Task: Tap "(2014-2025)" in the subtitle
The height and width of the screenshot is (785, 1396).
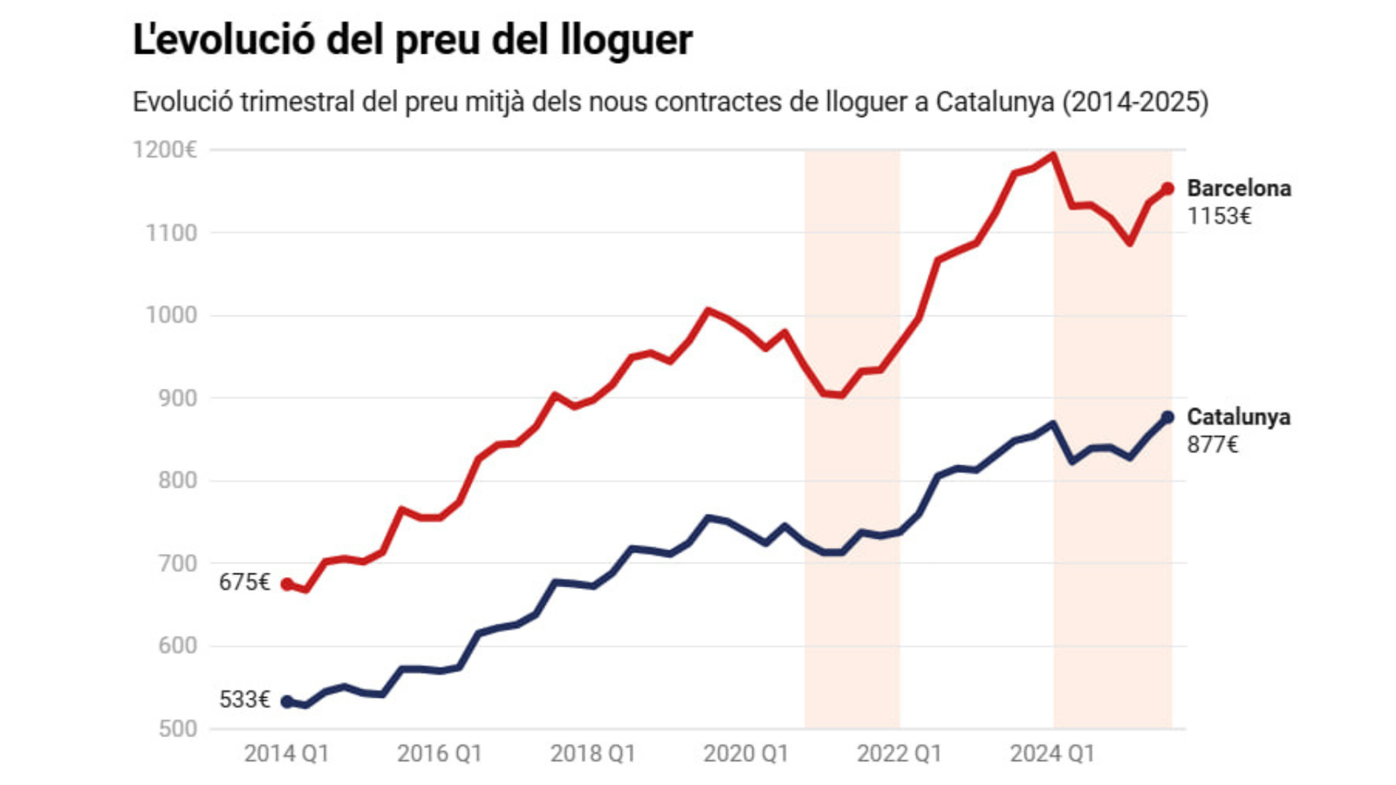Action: point(1135,102)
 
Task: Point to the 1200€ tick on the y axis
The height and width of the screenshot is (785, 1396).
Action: point(165,150)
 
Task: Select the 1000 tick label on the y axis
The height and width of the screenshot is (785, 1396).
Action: point(171,315)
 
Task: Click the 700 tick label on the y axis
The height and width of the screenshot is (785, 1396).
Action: point(178,563)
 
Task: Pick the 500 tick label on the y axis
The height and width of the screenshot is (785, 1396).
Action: point(178,728)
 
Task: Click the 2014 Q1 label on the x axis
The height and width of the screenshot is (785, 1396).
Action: point(286,754)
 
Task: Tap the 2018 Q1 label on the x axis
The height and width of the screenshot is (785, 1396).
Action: point(592,754)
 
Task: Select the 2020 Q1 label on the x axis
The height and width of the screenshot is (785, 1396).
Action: point(746,754)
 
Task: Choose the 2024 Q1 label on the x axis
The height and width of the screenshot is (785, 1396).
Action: point(1052,754)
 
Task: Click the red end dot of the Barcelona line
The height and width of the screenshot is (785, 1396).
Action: point(1167,188)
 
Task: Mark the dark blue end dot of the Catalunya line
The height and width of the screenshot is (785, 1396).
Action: point(1167,417)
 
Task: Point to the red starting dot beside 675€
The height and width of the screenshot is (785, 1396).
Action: point(287,584)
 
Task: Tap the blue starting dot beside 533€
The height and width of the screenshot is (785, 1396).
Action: point(287,701)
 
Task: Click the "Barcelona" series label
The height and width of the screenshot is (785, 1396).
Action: point(1239,188)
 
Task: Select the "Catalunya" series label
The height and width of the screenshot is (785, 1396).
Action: point(1238,417)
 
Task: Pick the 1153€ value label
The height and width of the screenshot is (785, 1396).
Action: point(1219,216)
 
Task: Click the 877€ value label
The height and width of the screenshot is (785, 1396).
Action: point(1212,445)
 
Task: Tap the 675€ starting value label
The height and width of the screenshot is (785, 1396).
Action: point(244,583)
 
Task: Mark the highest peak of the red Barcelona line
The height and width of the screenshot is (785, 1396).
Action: point(1053,155)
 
